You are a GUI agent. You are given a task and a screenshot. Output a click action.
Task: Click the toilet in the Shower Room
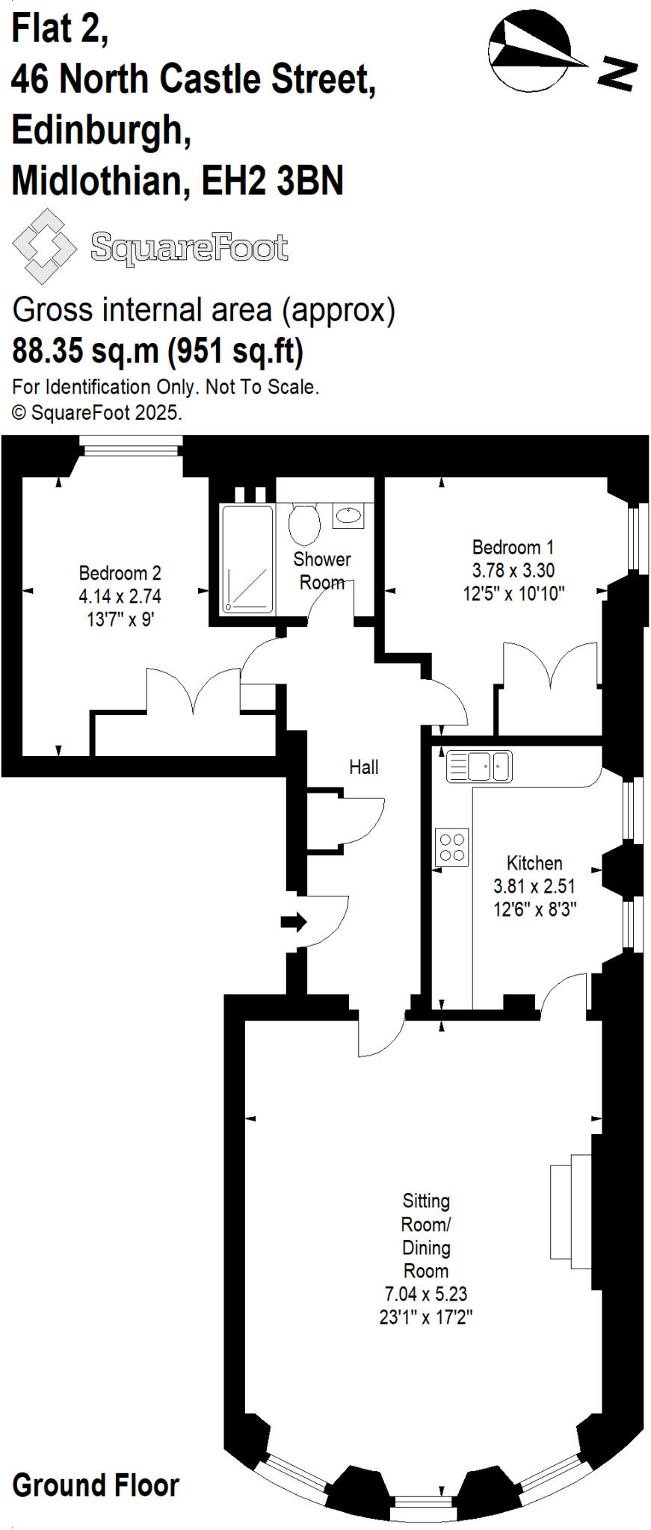(304, 522)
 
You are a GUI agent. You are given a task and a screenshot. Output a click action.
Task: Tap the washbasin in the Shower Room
(348, 515)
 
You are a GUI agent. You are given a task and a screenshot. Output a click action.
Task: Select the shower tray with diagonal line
(247, 559)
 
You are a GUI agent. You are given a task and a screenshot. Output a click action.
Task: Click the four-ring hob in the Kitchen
(452, 847)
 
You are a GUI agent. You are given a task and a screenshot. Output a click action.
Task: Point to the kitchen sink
(479, 766)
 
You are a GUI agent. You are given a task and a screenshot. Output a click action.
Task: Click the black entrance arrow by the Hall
(293, 921)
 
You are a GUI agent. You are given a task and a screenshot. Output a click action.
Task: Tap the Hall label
(364, 767)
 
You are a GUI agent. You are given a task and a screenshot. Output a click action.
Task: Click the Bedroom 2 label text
(120, 573)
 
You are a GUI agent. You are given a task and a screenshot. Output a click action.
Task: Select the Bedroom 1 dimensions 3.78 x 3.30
(513, 571)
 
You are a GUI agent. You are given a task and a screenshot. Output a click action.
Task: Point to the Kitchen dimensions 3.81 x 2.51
(534, 887)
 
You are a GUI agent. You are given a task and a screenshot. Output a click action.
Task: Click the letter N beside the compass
(617, 73)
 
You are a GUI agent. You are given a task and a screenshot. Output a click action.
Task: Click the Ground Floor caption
(96, 1485)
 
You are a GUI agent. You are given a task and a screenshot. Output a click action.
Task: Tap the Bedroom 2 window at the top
(132, 447)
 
